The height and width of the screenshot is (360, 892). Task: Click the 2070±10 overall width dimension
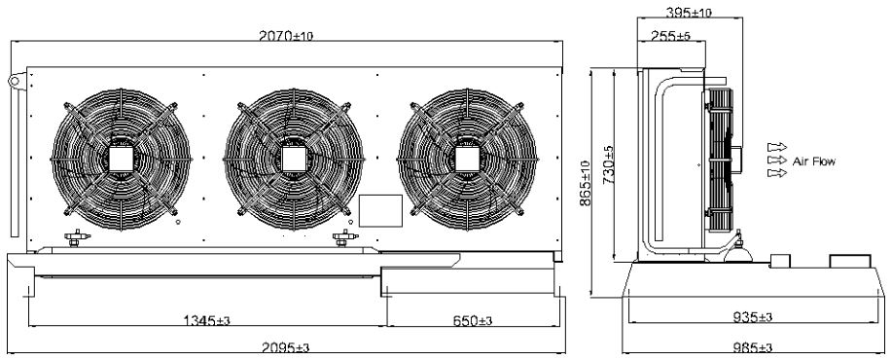pyautogui.click(x=286, y=36)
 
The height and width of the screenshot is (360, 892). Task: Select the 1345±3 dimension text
pyautogui.click(x=206, y=321)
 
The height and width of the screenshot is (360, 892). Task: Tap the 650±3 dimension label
pyautogui.click(x=472, y=321)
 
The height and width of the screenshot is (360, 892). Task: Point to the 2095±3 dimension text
pyautogui.click(x=286, y=347)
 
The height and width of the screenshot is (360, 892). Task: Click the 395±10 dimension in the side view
pyautogui.click(x=689, y=12)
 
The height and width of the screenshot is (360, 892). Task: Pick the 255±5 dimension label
pyautogui.click(x=671, y=36)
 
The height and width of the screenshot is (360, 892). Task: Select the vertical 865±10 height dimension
pyautogui.click(x=586, y=183)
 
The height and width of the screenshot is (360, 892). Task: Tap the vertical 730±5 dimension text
pyautogui.click(x=609, y=165)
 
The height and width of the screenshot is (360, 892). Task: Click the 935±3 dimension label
pyautogui.click(x=752, y=317)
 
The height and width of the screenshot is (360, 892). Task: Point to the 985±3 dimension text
pyautogui.click(x=752, y=347)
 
